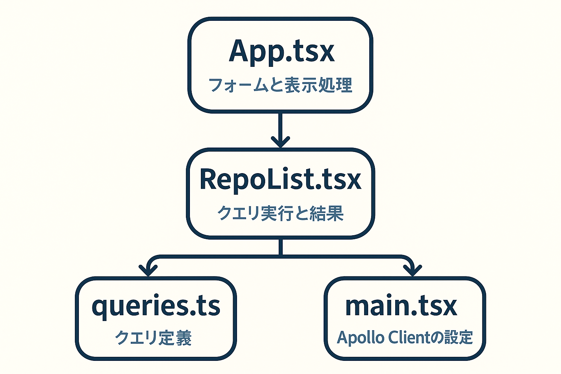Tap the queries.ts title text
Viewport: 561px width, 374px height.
(156, 307)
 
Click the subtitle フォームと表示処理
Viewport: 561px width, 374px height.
(280, 85)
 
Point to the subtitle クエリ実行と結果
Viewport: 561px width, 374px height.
(280, 213)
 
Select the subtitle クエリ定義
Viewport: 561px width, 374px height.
(153, 338)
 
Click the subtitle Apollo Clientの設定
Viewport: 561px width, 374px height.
(405, 337)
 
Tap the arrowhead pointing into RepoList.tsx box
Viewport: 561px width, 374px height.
(280, 142)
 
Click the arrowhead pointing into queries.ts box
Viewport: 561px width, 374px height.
(148, 270)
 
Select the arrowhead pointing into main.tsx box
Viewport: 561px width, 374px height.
(412, 270)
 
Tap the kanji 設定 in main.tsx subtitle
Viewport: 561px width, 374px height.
(457, 337)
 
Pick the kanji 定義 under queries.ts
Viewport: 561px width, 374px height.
(176, 338)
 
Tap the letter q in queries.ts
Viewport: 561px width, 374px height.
(100, 309)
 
